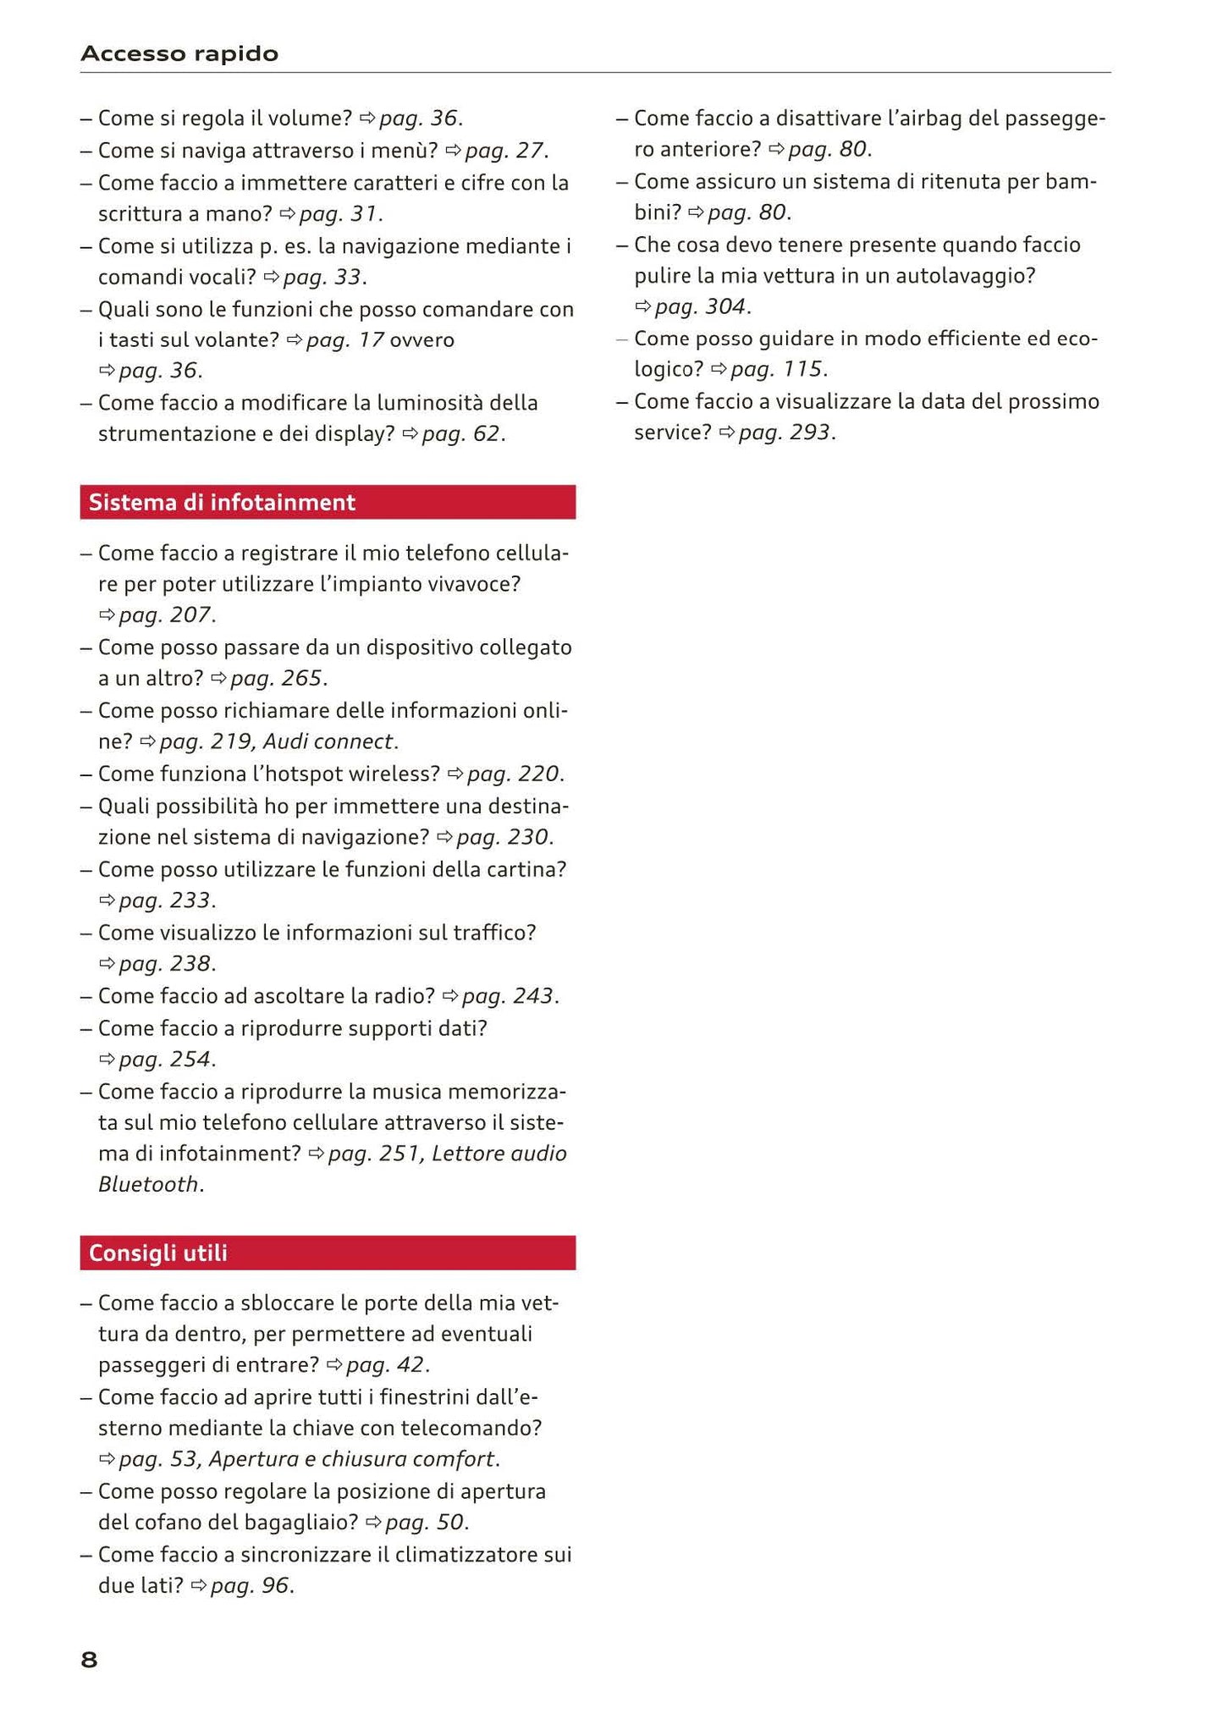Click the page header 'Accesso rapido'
pyautogui.click(x=179, y=54)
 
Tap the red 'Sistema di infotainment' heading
pyautogui.click(x=222, y=503)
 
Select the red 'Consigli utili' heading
pyautogui.click(x=158, y=1253)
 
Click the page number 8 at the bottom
pyautogui.click(x=89, y=1661)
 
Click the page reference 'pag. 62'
pyautogui.click(x=461, y=434)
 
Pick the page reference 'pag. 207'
pyautogui.click(x=164, y=615)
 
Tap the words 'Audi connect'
pyautogui.click(x=328, y=742)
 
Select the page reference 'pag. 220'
pyautogui.click(x=513, y=774)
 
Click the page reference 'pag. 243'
pyautogui.click(x=508, y=996)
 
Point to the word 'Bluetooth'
pyautogui.click(x=148, y=1184)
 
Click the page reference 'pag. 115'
pyautogui.click(x=776, y=369)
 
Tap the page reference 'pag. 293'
pyautogui.click(x=785, y=433)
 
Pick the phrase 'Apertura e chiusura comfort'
pyautogui.click(x=351, y=1459)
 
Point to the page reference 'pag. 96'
pyautogui.click(x=250, y=1586)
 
